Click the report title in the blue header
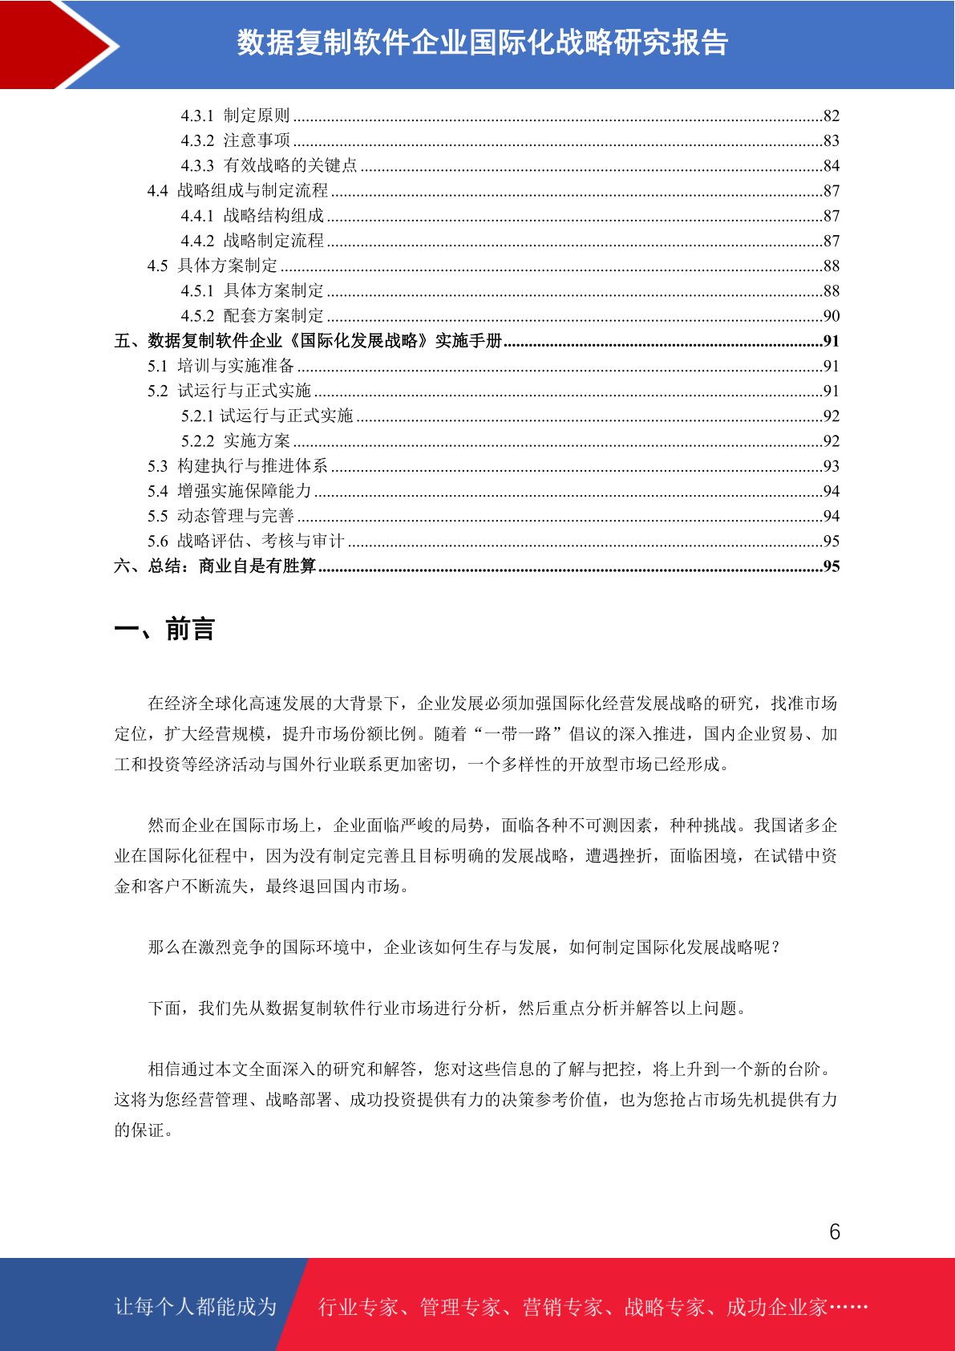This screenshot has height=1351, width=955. (482, 43)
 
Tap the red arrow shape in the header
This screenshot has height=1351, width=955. (56, 44)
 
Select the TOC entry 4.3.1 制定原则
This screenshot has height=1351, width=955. (235, 116)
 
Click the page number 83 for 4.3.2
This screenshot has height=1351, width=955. (831, 141)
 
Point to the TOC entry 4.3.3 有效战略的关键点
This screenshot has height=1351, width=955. (269, 166)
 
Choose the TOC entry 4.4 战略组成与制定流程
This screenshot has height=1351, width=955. (237, 191)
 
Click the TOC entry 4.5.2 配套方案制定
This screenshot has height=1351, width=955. (252, 316)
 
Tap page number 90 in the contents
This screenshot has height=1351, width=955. (831, 316)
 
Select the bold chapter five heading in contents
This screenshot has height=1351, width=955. (308, 341)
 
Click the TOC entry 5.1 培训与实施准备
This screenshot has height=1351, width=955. (221, 366)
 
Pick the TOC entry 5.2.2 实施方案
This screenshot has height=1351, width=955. (235, 441)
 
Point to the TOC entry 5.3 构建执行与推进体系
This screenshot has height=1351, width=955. (237, 466)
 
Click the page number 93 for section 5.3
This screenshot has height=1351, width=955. (831, 466)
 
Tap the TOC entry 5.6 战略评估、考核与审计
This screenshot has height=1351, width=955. (245, 542)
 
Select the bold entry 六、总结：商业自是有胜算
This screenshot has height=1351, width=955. (215, 566)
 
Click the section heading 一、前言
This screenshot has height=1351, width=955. (164, 630)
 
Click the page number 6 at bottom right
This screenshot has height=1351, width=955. (834, 1231)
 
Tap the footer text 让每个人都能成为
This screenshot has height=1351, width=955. (196, 1307)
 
